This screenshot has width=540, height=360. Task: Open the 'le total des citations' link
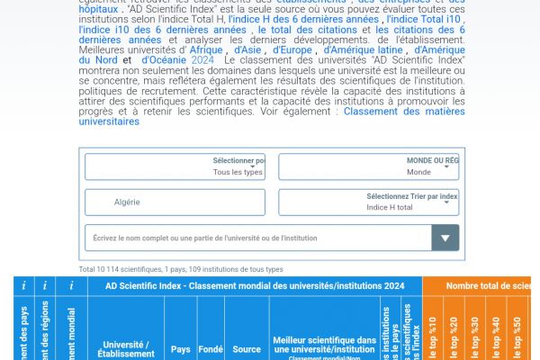(x=302, y=30)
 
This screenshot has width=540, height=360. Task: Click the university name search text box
(x=257, y=238)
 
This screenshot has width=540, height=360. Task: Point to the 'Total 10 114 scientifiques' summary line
(x=181, y=269)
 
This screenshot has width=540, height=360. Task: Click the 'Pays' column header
(x=181, y=349)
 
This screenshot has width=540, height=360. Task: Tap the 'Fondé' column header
(x=211, y=349)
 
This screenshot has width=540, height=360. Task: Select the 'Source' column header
(x=246, y=349)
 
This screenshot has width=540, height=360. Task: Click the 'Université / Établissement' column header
(x=126, y=349)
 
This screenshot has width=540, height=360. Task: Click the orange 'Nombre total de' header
(x=486, y=285)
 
